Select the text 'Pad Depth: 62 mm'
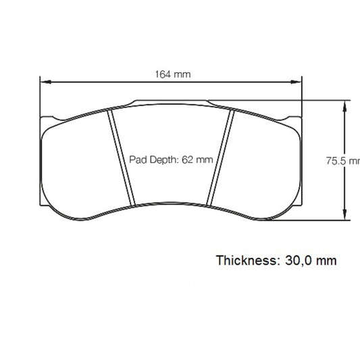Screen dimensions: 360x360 171,160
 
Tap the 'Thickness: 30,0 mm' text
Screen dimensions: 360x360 276,260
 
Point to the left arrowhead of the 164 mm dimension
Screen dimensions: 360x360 43,82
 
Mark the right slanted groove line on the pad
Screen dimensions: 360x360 220,157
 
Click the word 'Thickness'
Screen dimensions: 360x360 245,260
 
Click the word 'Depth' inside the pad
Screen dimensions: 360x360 163,160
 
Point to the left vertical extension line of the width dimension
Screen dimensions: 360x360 39,101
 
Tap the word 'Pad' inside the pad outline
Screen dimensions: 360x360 137,160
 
